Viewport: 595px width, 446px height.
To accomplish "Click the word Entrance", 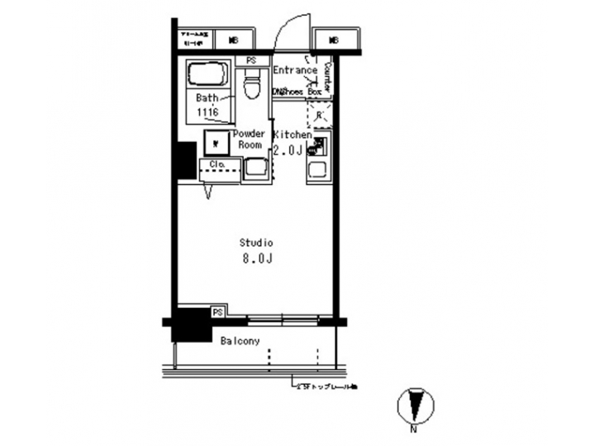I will pyautogui.click(x=295, y=71).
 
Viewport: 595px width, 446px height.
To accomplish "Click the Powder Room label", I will pyautogui.click(x=250, y=139).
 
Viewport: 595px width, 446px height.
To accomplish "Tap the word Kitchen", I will pyautogui.click(x=292, y=134).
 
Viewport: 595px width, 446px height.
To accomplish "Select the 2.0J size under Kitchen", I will pyautogui.click(x=290, y=149).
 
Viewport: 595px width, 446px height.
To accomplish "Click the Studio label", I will pyautogui.click(x=256, y=243).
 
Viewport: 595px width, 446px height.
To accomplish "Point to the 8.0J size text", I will pyautogui.click(x=256, y=259).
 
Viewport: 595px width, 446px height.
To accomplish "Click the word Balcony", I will pyautogui.click(x=240, y=340).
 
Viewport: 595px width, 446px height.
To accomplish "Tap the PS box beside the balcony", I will pyautogui.click(x=218, y=312).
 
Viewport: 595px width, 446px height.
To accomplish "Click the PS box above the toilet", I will pyautogui.click(x=251, y=60).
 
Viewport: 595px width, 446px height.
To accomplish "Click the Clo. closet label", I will pyautogui.click(x=218, y=164).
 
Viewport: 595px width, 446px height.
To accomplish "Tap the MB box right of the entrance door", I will pyautogui.click(x=335, y=40).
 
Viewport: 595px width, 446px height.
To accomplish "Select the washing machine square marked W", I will pyautogui.click(x=214, y=143).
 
